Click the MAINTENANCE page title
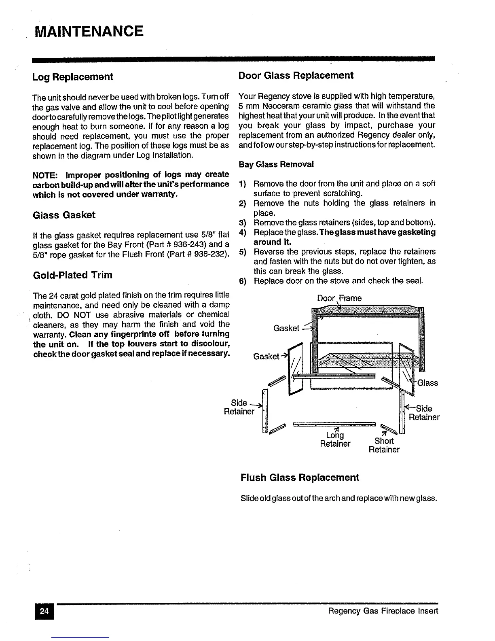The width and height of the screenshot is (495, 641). (89, 31)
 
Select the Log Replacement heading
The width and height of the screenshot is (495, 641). (73, 77)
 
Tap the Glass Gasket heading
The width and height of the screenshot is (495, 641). (64, 215)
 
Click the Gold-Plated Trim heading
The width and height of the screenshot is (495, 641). (72, 275)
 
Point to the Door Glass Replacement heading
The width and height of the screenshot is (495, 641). (296, 76)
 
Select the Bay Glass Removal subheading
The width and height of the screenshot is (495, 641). (276, 164)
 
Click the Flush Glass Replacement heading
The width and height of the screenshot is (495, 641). (300, 478)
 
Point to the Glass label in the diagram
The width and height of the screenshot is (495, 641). (427, 383)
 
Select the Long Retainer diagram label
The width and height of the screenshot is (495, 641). (335, 439)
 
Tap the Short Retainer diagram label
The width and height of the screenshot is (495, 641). (384, 445)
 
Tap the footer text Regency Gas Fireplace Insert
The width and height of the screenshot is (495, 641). (383, 611)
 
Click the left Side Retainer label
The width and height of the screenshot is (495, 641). (239, 407)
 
